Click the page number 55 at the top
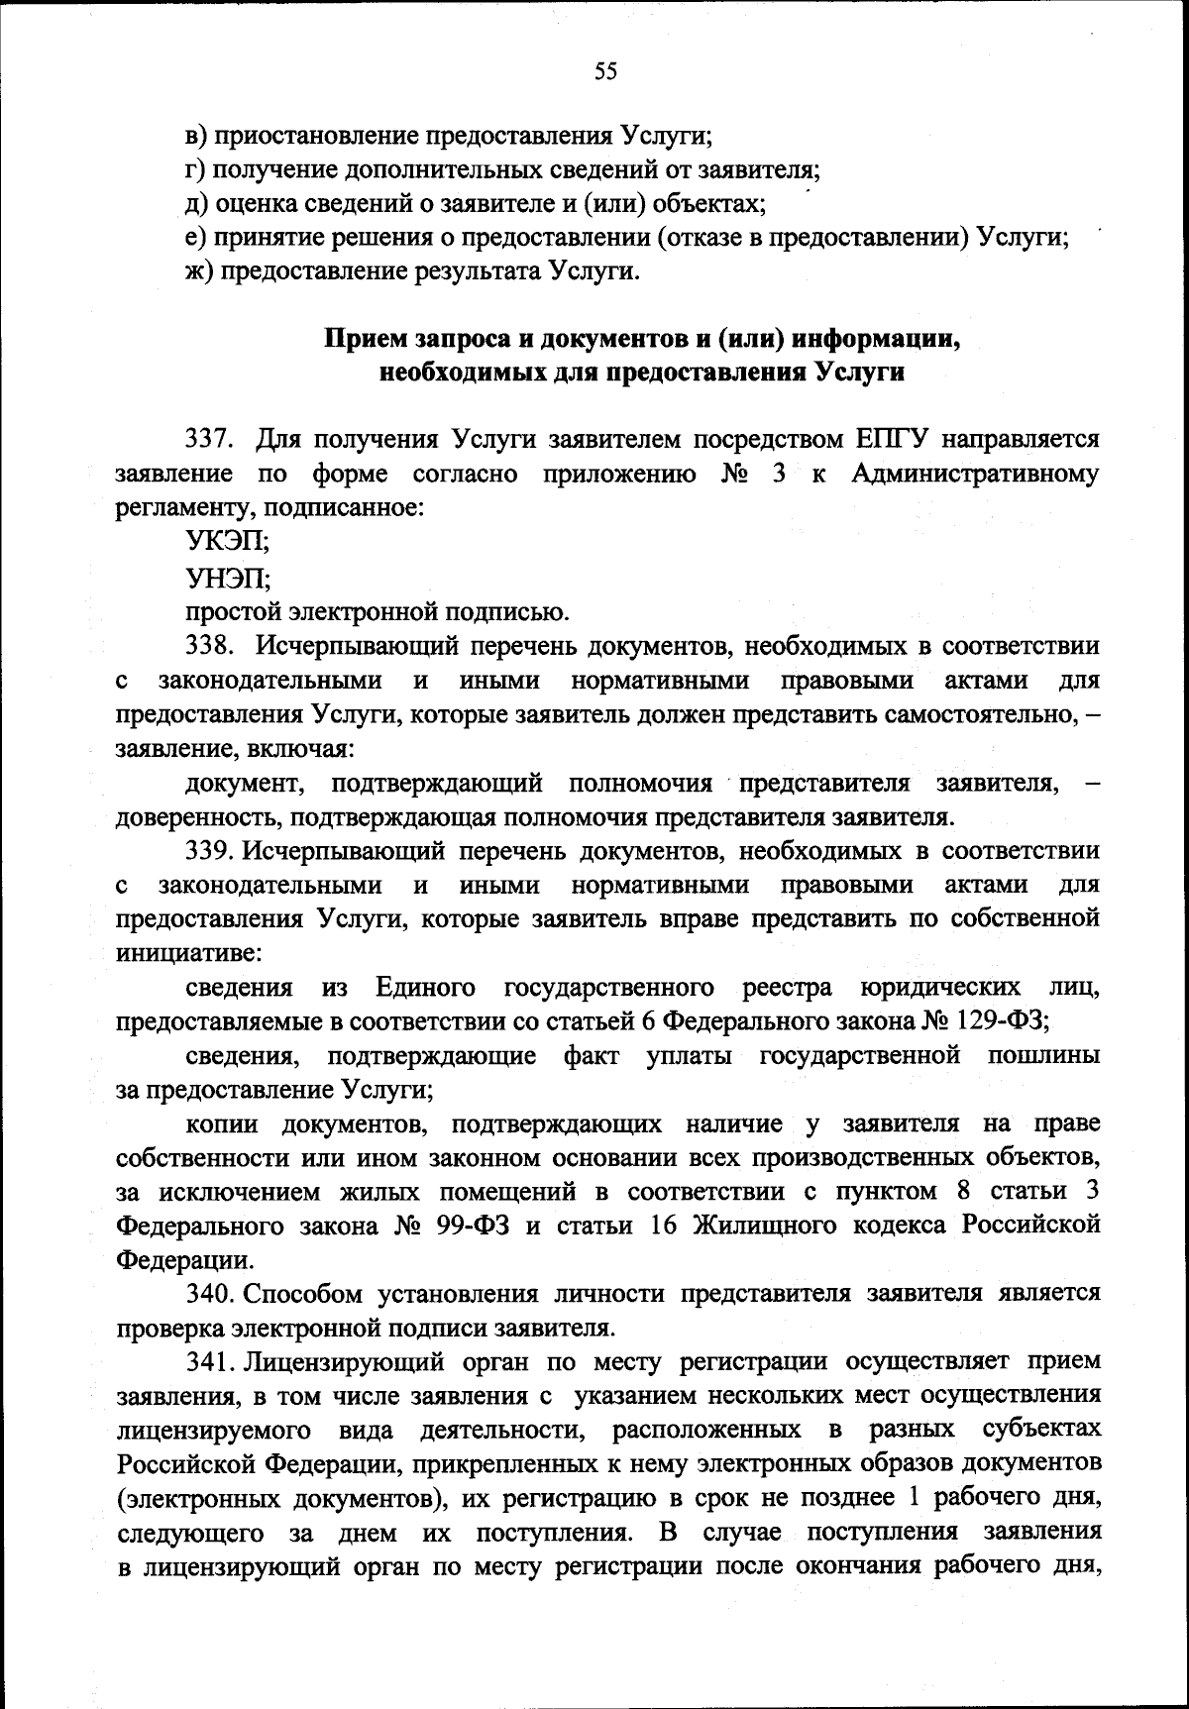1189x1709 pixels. click(x=605, y=70)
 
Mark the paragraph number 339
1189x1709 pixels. click(x=209, y=851)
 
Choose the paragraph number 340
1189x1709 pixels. click(x=209, y=1293)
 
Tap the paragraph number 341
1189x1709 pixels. click(x=209, y=1361)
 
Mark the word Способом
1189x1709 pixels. click(x=303, y=1293)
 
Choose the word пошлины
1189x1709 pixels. click(x=1043, y=1055)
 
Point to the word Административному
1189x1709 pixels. click(x=975, y=473)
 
